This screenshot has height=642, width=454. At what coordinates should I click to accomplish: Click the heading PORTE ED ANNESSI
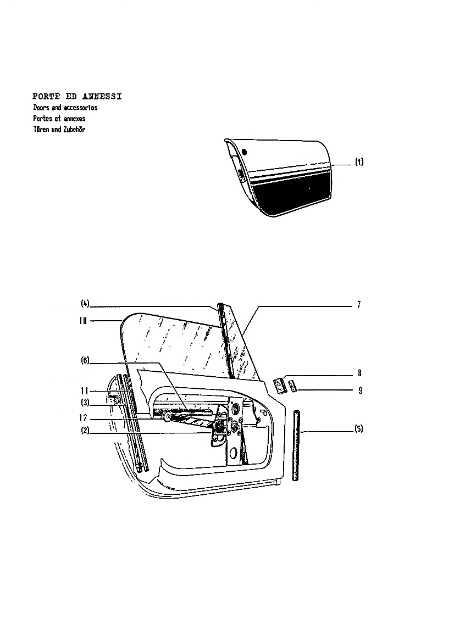(x=77, y=97)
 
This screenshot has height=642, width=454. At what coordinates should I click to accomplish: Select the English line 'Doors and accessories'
(x=65, y=108)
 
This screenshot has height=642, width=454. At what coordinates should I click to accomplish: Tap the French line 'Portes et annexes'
(x=59, y=118)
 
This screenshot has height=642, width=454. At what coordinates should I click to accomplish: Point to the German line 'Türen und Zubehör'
(x=59, y=130)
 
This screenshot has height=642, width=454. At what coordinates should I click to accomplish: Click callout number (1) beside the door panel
(x=359, y=161)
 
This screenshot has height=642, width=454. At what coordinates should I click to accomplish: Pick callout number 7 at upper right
(x=359, y=305)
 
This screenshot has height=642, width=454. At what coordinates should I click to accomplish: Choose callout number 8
(x=359, y=373)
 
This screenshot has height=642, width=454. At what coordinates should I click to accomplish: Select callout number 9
(x=360, y=390)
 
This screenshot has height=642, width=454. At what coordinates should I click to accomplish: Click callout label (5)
(x=359, y=429)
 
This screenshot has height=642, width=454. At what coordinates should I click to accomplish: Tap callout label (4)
(x=85, y=304)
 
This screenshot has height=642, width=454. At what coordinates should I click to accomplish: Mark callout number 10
(x=83, y=321)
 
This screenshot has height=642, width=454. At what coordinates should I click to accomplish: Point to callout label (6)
(x=85, y=361)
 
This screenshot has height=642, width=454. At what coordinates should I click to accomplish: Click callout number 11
(x=85, y=392)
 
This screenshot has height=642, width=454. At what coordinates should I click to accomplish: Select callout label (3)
(x=85, y=403)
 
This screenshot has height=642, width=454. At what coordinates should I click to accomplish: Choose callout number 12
(x=84, y=418)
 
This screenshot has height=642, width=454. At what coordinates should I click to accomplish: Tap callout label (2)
(x=85, y=431)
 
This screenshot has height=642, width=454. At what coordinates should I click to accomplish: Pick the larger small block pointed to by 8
(x=279, y=386)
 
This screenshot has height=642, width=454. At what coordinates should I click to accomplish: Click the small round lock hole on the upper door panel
(x=245, y=152)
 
